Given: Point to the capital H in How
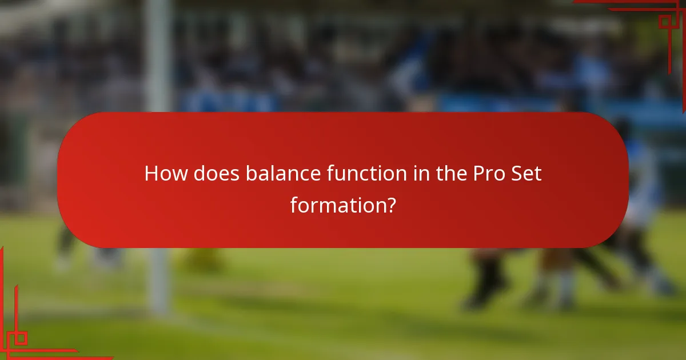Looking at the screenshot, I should point(152,174).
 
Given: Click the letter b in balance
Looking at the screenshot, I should point(251,174).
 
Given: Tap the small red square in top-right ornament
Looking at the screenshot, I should point(664,22).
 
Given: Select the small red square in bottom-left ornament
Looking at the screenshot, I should point(21,338).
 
